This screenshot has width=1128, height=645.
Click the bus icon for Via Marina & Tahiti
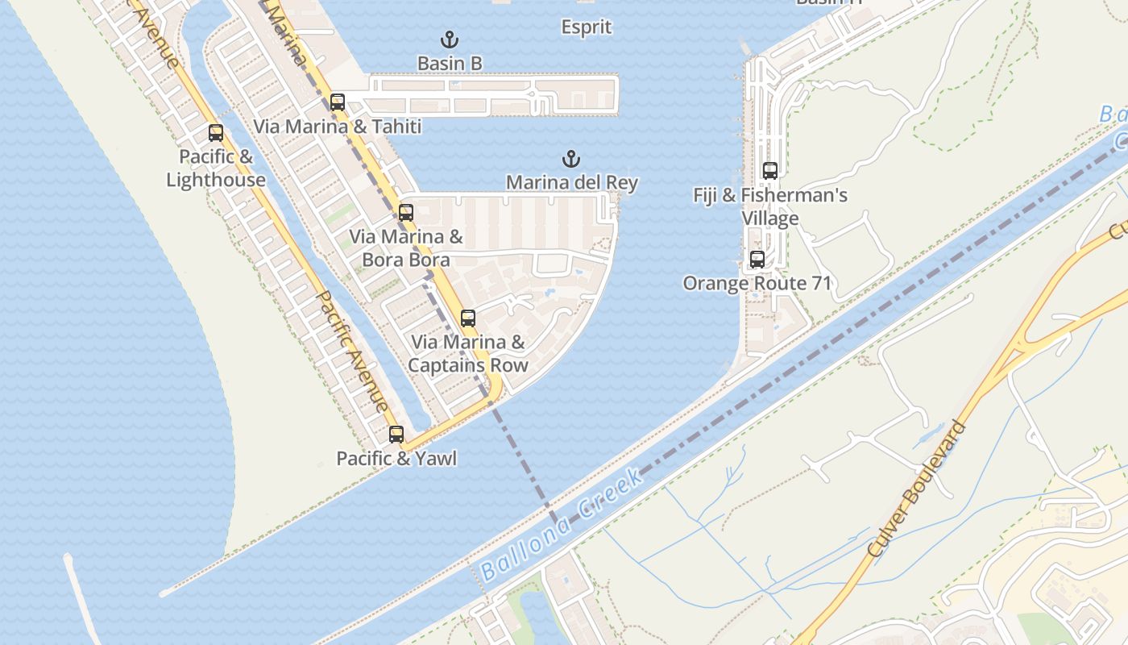pos(338,102)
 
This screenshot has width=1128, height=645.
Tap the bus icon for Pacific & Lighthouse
pos(216,133)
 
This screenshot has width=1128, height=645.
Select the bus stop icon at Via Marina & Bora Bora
pos(406,213)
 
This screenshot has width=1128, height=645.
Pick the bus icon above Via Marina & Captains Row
pos(468,318)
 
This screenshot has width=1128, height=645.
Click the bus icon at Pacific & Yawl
pos(396,435)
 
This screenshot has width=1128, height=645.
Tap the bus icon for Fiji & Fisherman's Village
pos(770,171)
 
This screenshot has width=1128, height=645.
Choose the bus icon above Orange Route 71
pos(757,260)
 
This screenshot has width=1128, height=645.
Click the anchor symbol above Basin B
pos(450,40)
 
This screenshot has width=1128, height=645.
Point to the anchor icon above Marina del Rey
pos(571,159)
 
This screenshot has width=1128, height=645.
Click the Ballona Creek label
pos(562,524)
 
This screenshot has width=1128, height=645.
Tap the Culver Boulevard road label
pos(918,488)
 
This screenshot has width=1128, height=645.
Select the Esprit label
pos(587,27)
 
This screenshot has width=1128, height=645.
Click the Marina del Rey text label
pos(572,183)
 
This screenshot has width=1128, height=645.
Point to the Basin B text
pos(450,63)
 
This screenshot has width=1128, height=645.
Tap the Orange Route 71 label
pos(757,284)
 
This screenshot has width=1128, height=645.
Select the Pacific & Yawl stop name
pos(396,459)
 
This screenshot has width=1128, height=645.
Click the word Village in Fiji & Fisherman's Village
pos(770,218)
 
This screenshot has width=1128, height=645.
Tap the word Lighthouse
pos(216,180)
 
